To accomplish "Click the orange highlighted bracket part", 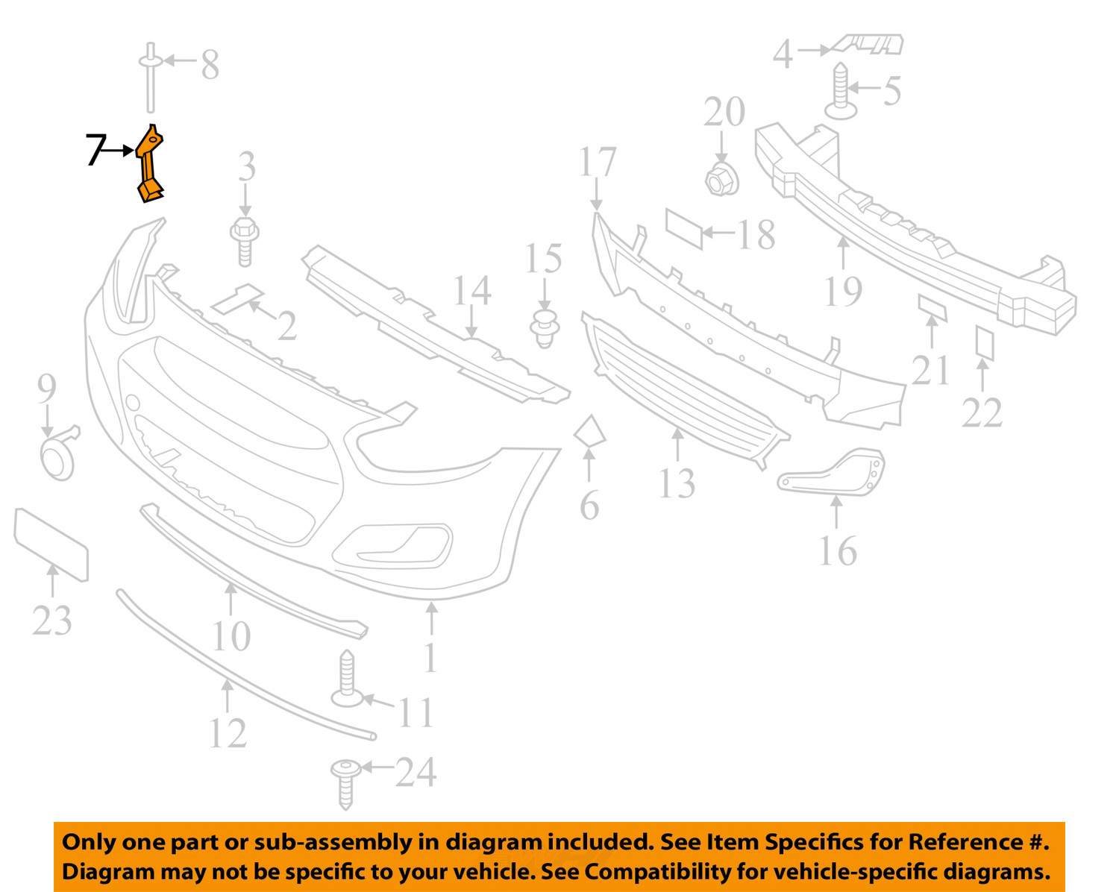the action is [x=150, y=164].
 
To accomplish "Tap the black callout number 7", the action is [x=95, y=150].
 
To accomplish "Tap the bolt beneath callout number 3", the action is [x=245, y=242].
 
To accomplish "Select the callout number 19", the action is [x=843, y=292].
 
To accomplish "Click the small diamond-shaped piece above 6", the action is [x=589, y=431].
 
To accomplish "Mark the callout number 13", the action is [x=677, y=484].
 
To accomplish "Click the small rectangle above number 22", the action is [x=984, y=342].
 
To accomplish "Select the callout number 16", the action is [x=838, y=550].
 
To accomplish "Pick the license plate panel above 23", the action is [x=51, y=544].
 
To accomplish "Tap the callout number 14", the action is [x=472, y=290].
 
